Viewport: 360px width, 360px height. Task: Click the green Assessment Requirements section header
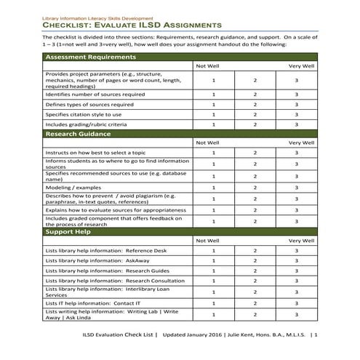90,57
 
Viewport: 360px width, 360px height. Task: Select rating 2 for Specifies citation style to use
255,114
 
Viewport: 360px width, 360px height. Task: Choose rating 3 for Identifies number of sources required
297,95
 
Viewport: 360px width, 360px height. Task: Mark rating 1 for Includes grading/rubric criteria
214,124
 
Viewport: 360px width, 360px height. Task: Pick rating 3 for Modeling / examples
297,187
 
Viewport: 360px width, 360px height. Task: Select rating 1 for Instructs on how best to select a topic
214,153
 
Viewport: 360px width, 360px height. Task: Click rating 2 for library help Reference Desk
255,251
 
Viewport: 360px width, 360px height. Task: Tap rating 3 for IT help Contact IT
297,303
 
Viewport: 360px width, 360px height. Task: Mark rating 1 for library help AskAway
214,260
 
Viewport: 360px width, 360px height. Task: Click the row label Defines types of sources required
89,105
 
